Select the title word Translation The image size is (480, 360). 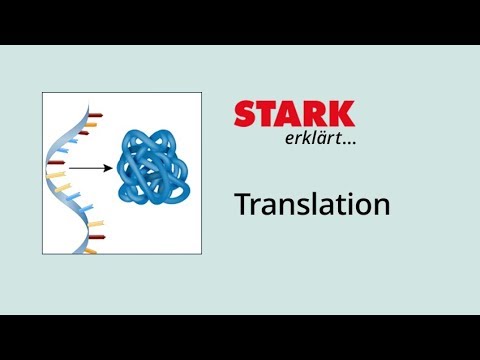tap(311, 205)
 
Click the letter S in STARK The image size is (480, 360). tap(246, 114)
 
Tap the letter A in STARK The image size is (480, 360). tap(289, 114)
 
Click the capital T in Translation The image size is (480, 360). tap(242, 204)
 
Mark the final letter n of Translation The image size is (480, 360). tap(380, 207)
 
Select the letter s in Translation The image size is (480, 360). tap(296, 207)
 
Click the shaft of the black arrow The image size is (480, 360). tap(88, 167)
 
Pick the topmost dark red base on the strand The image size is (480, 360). tap(92, 116)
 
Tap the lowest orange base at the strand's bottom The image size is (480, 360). tap(90, 250)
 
